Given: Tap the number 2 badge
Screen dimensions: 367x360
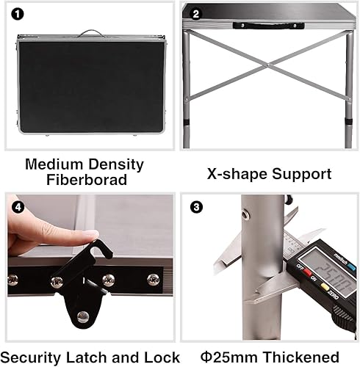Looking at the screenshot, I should pyautogui.click(x=195, y=14).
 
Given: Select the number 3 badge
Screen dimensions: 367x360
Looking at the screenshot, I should pyautogui.click(x=195, y=207).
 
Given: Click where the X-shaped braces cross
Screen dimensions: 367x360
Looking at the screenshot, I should pyautogui.click(x=269, y=66).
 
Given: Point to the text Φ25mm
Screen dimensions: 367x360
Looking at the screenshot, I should pyautogui.click(x=230, y=356).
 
